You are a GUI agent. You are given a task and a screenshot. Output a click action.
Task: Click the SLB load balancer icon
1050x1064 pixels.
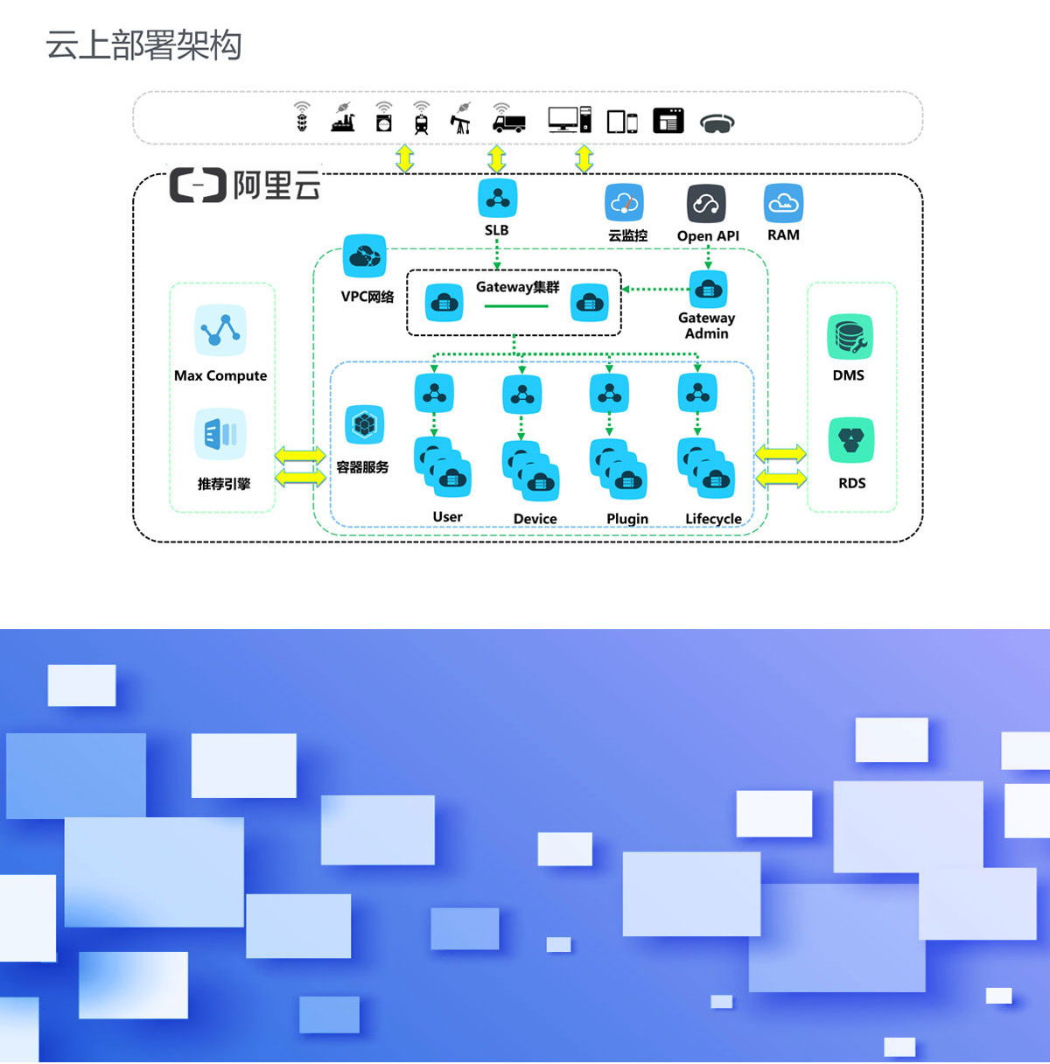(497, 199)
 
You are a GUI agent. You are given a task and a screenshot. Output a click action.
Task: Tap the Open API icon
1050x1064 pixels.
(706, 205)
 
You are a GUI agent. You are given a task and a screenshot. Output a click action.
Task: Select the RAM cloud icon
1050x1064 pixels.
(783, 204)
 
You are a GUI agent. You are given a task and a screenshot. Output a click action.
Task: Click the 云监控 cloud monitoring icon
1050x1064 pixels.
(625, 204)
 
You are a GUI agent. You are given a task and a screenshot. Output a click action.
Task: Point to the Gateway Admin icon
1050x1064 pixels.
(708, 289)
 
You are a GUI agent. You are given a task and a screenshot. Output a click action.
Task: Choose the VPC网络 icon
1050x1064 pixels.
(365, 256)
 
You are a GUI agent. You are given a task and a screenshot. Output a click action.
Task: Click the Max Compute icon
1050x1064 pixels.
(220, 331)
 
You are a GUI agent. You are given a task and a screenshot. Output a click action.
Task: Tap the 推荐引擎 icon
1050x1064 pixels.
(220, 434)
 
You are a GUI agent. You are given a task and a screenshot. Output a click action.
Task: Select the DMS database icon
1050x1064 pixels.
(850, 337)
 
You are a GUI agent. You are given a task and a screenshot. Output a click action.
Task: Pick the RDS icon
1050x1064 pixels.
(850, 440)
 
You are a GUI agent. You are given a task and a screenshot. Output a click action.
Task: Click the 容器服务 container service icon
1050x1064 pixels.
(364, 425)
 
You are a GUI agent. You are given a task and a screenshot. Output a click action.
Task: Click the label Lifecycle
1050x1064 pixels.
(713, 519)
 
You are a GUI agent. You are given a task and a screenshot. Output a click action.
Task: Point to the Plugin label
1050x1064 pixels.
(627, 519)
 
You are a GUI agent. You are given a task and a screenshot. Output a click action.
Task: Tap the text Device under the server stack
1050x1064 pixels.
(535, 519)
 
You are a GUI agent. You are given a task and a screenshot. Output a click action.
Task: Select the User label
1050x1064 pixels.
(447, 517)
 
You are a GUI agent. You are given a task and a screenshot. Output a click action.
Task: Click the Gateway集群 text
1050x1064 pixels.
(517, 287)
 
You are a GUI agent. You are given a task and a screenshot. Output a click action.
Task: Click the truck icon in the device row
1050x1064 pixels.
(508, 121)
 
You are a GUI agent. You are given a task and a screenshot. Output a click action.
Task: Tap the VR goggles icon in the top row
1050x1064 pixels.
(717, 123)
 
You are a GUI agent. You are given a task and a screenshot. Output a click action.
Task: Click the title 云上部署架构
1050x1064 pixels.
(143, 45)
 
